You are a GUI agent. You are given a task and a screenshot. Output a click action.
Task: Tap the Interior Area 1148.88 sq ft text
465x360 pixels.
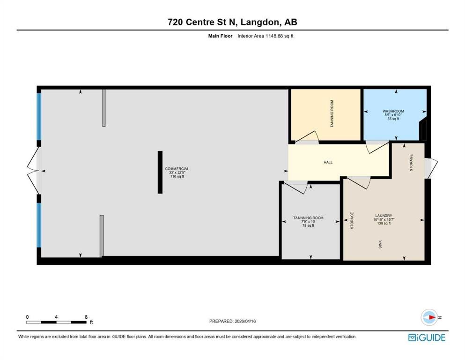(266, 36)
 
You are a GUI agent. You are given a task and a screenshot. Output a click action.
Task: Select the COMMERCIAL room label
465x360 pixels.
(177, 169)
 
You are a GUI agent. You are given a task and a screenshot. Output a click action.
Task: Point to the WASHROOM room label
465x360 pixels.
(393, 111)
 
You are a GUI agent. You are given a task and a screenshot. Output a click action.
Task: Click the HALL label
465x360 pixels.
(328, 162)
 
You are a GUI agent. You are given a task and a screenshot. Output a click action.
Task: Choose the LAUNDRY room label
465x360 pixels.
(384, 216)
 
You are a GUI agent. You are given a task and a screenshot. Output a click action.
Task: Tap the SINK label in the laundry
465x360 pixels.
(380, 244)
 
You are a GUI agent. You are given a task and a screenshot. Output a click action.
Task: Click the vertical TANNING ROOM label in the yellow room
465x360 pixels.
(332, 113)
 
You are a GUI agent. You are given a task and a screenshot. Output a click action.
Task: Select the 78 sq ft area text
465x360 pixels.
(308, 225)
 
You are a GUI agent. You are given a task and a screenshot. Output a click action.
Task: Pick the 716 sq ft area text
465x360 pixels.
(177, 176)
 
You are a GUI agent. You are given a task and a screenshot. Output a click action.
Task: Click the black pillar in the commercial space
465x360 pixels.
(160, 172)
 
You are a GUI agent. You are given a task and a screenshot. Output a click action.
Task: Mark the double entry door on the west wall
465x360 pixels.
(33, 171)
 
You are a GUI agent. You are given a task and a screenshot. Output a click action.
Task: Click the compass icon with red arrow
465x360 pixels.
(429, 317)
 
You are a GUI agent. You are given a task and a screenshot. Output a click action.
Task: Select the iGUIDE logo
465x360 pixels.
(427, 338)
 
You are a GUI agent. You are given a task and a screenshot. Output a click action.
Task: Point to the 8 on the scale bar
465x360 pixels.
(86, 317)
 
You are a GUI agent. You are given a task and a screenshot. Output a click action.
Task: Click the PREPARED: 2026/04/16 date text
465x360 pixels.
(232, 321)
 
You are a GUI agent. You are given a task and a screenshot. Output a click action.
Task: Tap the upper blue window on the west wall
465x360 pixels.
(38, 116)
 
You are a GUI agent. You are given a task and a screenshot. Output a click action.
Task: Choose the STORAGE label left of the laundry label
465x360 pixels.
(352, 220)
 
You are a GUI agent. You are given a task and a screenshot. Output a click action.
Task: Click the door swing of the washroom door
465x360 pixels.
(377, 148)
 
